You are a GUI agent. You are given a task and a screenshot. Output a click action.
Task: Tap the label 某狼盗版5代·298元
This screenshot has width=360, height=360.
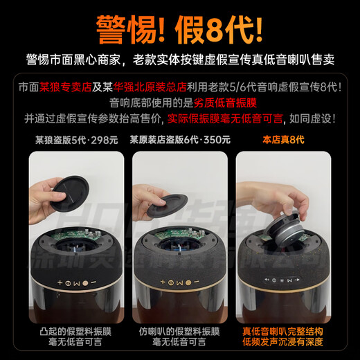click(x=76, y=139)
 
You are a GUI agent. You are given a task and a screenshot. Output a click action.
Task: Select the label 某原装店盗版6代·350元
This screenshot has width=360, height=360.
click(x=180, y=139)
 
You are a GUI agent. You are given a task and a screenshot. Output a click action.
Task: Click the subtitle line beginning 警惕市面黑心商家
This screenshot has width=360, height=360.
click(x=180, y=60)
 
